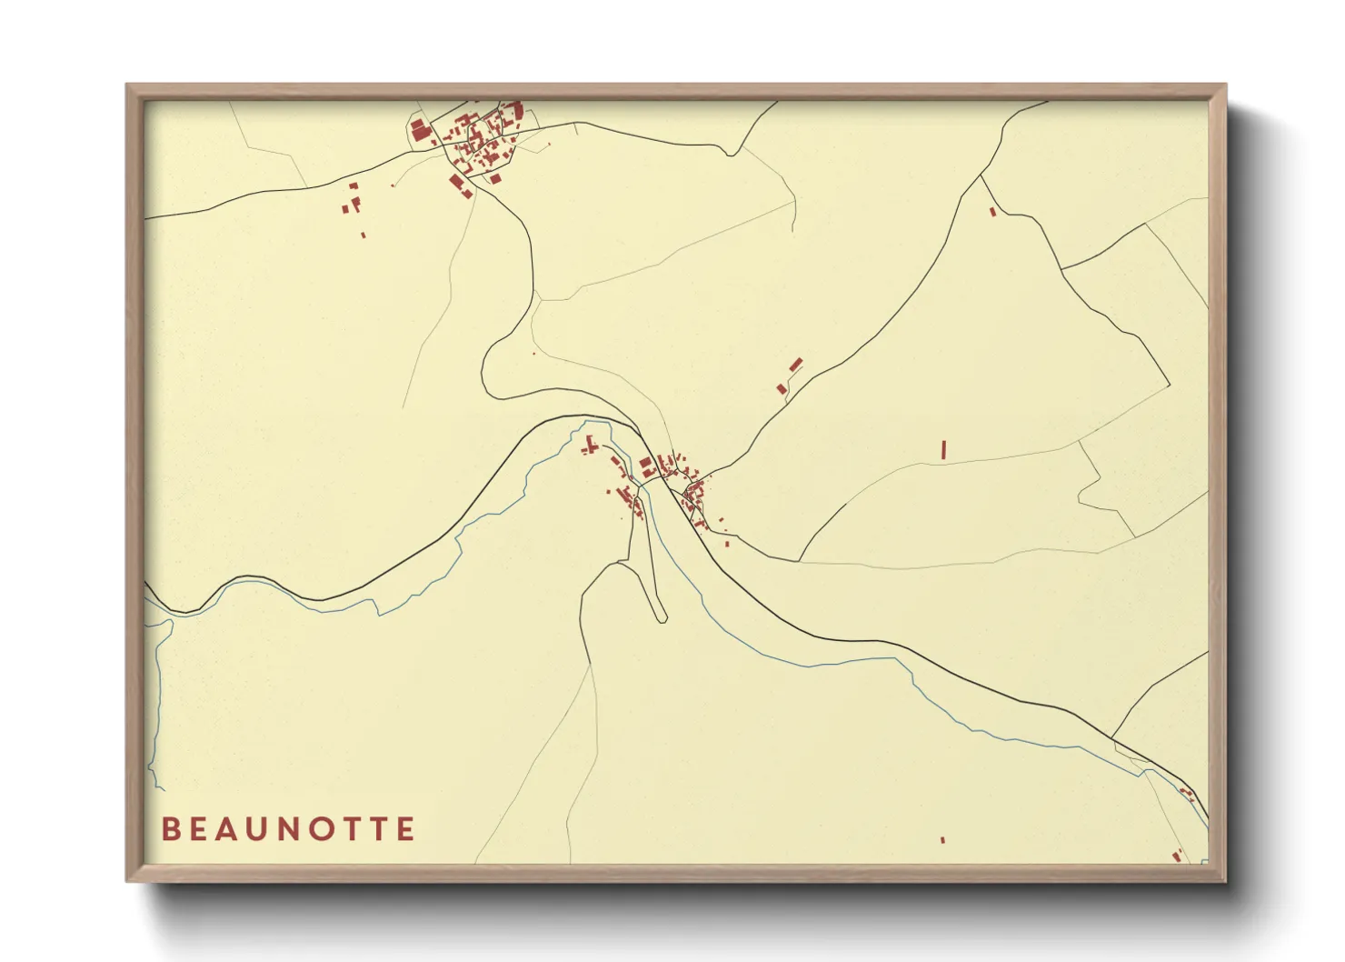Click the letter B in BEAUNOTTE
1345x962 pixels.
point(170,829)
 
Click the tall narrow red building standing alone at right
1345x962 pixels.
point(944,449)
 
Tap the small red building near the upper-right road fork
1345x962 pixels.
point(992,212)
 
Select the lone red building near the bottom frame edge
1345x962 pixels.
point(942,840)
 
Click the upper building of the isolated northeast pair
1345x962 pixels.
point(796,365)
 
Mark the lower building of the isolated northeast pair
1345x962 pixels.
point(782,389)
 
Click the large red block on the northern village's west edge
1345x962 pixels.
point(419,129)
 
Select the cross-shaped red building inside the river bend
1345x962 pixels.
point(590,446)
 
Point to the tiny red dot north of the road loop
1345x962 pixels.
point(533,353)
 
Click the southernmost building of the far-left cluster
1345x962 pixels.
point(364,235)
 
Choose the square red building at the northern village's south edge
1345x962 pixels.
point(495,178)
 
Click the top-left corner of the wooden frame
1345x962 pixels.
point(128,85)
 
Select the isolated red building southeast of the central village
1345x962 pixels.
point(727,544)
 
